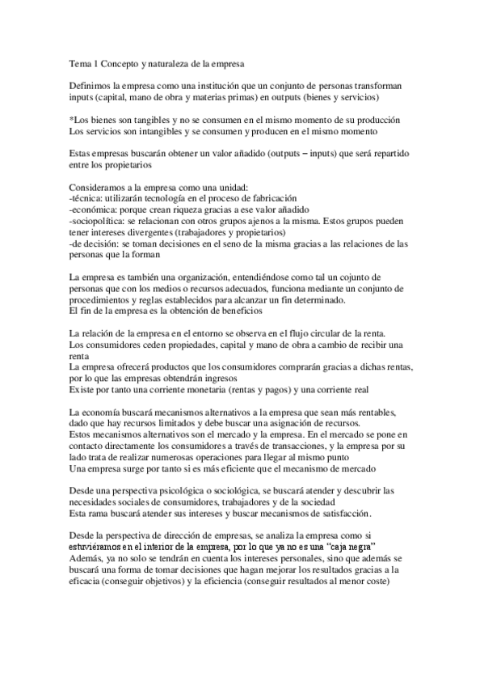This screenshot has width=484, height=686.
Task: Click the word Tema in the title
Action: [81, 62]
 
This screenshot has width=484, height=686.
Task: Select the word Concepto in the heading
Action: [128, 62]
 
